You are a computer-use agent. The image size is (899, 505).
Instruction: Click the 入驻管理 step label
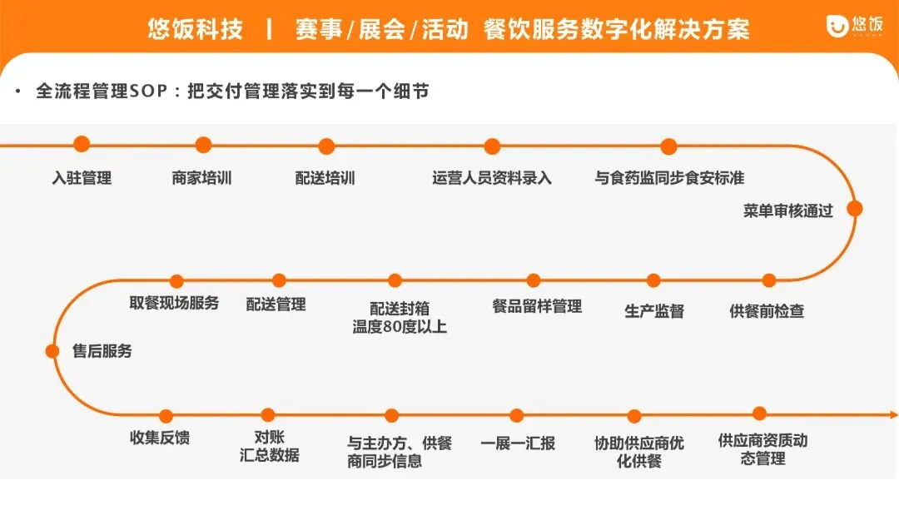[82, 177]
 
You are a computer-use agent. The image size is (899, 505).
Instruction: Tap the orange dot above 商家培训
[203, 146]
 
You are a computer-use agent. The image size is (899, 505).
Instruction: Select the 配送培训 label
[325, 177]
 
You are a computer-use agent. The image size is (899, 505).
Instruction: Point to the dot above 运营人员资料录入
[492, 146]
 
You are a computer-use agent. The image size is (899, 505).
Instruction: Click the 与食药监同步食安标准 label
[669, 177]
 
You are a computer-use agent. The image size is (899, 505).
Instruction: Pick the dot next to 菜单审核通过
[854, 209]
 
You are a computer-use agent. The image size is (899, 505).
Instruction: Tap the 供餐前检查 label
[767, 311]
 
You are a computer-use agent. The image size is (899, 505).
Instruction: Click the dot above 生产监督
[653, 281]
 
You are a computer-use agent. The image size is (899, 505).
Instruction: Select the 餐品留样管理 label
[537, 306]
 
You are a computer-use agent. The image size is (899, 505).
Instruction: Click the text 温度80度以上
[400, 327]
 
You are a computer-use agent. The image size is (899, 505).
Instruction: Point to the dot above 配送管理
[279, 281]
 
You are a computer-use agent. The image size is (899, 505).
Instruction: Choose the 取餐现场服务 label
[174, 303]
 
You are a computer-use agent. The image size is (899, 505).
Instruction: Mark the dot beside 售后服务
[52, 351]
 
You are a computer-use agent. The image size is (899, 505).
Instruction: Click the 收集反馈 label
[160, 438]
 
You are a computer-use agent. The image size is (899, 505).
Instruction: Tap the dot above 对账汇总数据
[268, 415]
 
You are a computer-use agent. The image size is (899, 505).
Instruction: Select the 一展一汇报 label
[518, 443]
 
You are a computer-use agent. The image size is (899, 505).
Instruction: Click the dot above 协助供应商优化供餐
[634, 416]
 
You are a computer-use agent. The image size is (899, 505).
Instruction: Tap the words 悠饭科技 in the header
[196, 30]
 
